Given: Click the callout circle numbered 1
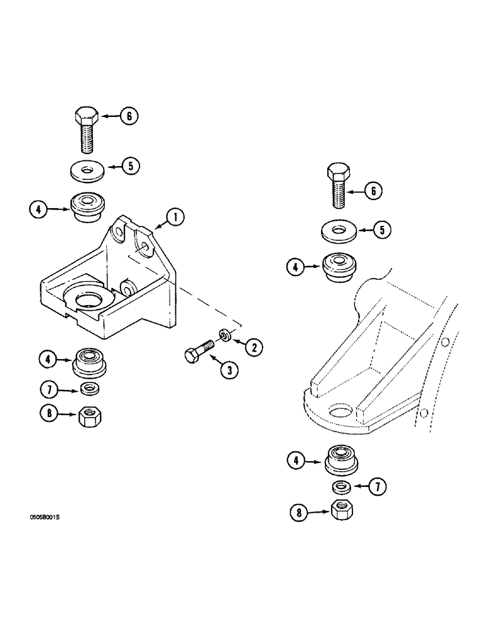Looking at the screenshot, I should click(x=175, y=218).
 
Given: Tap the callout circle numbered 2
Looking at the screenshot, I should click(x=254, y=345).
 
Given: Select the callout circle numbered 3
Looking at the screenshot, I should click(x=229, y=370).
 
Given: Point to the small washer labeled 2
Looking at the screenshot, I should click(x=224, y=333).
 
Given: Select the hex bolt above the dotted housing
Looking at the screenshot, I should click(x=338, y=186).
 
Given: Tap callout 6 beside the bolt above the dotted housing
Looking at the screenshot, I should click(x=373, y=190).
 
